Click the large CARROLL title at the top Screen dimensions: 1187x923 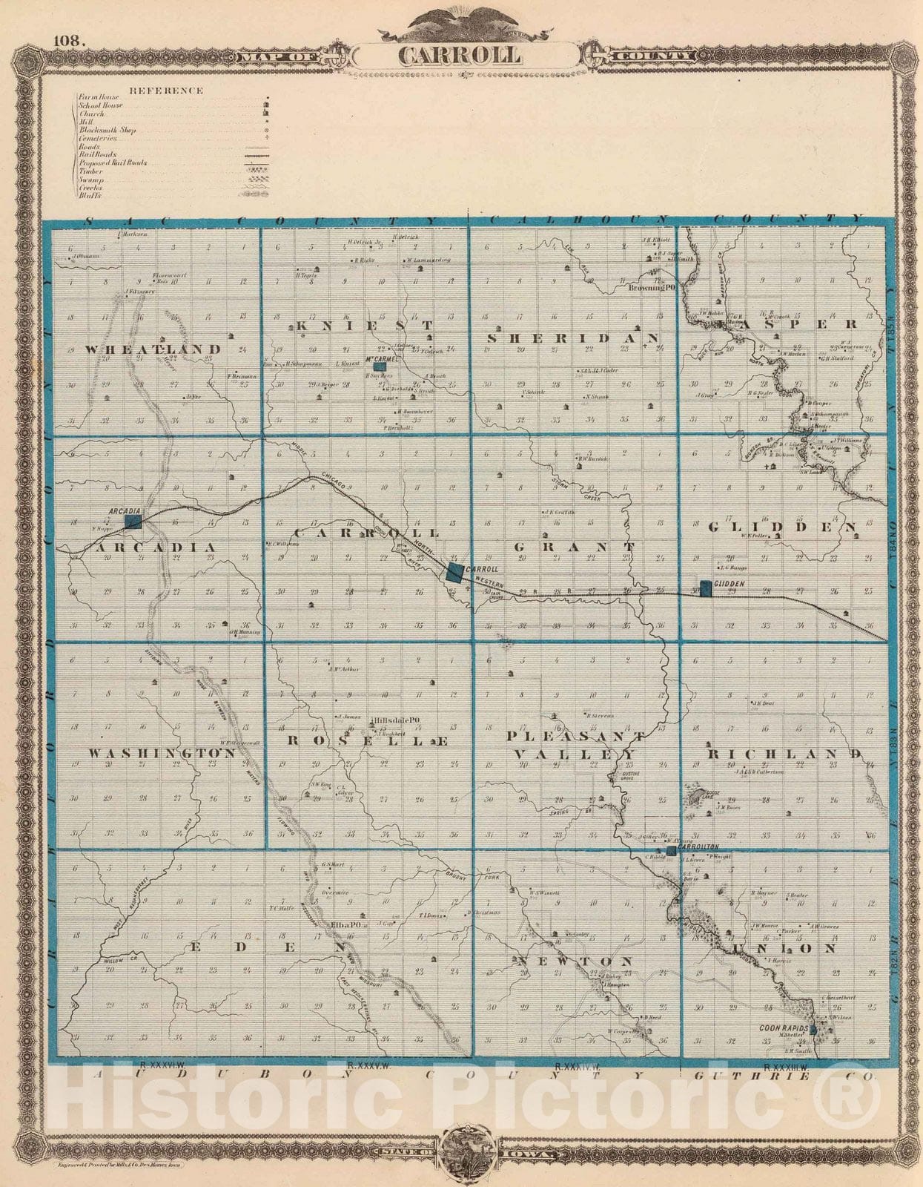click(x=460, y=56)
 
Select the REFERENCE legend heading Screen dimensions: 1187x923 click(x=166, y=91)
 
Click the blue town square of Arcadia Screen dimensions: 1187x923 click(x=133, y=522)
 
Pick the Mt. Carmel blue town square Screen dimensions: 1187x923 click(x=380, y=366)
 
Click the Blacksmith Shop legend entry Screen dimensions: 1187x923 click(x=107, y=130)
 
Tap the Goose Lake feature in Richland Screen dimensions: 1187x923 click(x=696, y=798)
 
